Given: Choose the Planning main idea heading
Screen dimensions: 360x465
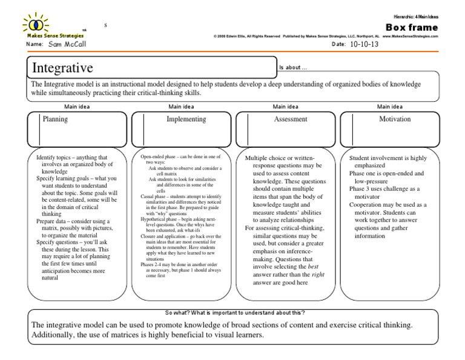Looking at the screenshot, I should click(x=55, y=119).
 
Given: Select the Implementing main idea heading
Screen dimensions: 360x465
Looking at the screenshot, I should click(x=186, y=119).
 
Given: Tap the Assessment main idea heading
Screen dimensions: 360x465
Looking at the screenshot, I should click(x=291, y=119).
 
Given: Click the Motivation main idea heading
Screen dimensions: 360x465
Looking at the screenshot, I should click(x=395, y=119).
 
